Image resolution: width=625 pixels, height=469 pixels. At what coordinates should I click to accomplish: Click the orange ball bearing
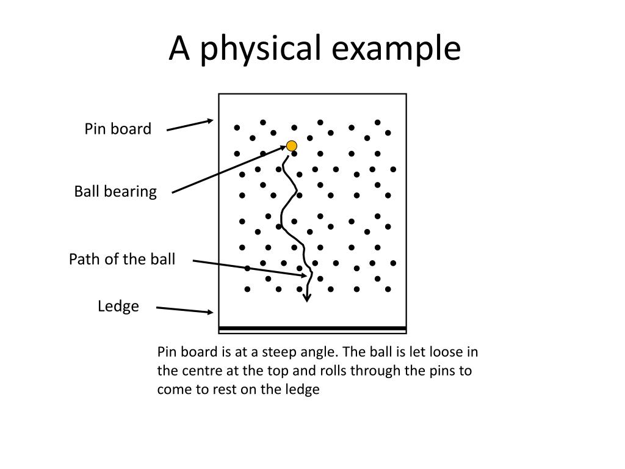click(292, 146)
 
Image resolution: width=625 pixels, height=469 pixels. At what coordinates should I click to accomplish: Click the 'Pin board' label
click(118, 129)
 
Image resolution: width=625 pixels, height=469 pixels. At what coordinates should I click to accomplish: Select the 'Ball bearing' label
click(115, 192)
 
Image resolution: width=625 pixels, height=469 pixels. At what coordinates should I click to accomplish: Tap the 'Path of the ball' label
click(122, 259)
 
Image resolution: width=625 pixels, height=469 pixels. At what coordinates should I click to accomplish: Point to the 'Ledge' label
click(118, 306)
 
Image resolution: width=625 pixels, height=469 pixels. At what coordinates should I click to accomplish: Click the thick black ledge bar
click(312, 329)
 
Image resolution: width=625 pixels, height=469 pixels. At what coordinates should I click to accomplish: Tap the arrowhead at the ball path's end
click(307, 297)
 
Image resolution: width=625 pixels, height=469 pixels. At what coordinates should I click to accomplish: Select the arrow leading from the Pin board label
click(190, 125)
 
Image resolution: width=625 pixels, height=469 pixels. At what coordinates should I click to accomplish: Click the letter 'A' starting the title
click(178, 49)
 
